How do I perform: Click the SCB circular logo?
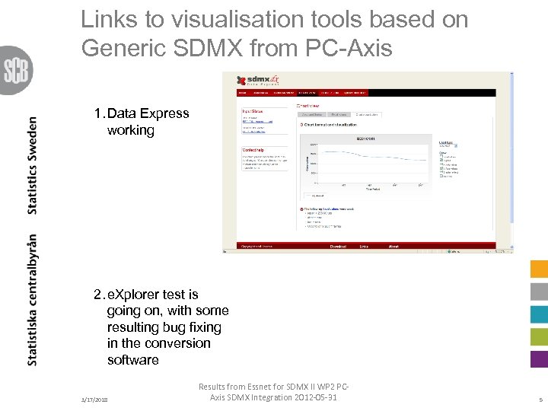coord(15,70)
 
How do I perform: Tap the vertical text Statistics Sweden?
coord(33,164)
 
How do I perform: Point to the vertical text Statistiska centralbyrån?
coord(33,299)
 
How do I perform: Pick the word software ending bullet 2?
coord(133,359)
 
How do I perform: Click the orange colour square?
coord(539,269)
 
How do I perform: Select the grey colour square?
coord(539,292)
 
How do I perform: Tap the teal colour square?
coord(539,314)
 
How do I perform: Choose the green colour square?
coord(539,336)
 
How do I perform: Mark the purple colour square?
coord(539,358)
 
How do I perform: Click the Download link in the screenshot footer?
coord(338,247)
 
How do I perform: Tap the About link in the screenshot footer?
coord(393,247)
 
